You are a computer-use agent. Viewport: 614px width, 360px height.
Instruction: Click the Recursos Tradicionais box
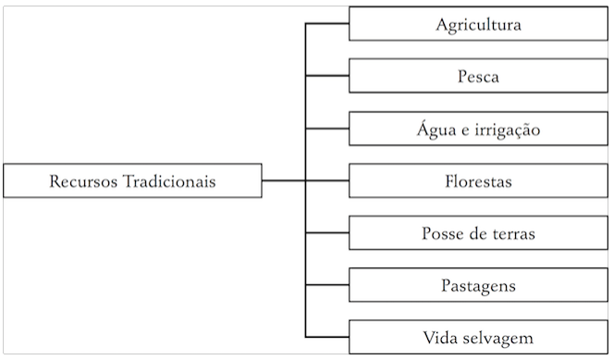[132, 180]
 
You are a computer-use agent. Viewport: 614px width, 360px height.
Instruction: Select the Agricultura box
[478, 24]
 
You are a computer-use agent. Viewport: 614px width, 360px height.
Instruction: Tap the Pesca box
[478, 76]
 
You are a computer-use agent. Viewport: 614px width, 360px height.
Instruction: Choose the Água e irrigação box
[478, 129]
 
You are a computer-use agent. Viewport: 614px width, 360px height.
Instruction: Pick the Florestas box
[478, 180]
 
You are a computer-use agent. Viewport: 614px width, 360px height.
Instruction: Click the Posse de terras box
[478, 232]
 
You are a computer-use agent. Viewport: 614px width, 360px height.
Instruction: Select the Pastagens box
[478, 285]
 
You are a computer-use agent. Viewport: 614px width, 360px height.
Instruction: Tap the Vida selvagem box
[478, 337]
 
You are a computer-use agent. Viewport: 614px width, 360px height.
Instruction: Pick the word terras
[513, 233]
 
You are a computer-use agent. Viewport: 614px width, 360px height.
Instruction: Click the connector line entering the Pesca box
[326, 76]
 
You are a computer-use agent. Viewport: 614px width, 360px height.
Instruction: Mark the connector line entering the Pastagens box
[326, 285]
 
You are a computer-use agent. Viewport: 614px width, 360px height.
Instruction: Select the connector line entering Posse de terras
[326, 232]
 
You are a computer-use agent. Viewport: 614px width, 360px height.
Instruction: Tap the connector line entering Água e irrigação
[326, 129]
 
